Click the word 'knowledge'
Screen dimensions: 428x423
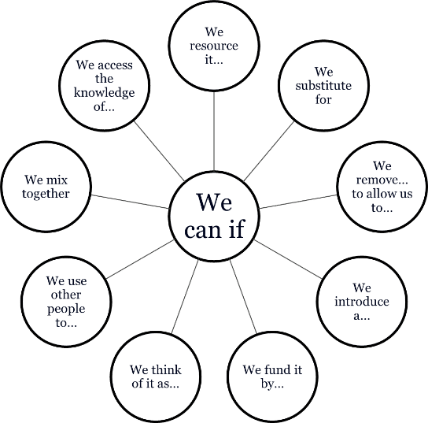[x=105, y=93]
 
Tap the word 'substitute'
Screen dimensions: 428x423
[x=323, y=86]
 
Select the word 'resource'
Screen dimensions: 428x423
[x=214, y=46]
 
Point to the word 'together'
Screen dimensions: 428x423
[x=46, y=194]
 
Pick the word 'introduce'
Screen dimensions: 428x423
[x=362, y=302]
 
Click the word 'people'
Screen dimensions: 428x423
[x=66, y=309]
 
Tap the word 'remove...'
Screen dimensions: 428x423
[x=382, y=180]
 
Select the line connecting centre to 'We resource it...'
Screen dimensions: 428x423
[x=214, y=131]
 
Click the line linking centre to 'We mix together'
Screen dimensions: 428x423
[x=130, y=202]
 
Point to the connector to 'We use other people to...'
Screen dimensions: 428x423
[x=140, y=260]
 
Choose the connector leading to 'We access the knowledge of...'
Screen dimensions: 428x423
[x=160, y=150]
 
